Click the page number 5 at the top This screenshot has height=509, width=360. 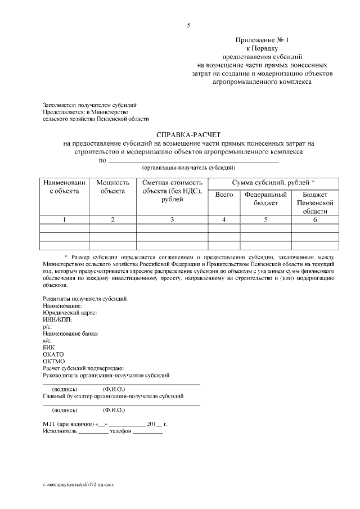click(188, 25)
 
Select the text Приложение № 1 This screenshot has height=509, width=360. click(262, 40)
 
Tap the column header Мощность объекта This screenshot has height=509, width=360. click(112, 187)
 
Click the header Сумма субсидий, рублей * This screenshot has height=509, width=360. click(273, 183)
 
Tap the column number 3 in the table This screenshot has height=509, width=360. click(172, 219)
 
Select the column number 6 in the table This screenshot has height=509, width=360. click(319, 219)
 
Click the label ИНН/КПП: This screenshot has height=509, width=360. click(57, 319)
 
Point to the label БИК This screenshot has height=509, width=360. click(49, 347)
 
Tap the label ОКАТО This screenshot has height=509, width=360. click(53, 354)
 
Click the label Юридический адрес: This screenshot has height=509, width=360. click(70, 312)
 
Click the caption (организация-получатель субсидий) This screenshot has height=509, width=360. click(188, 168)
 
